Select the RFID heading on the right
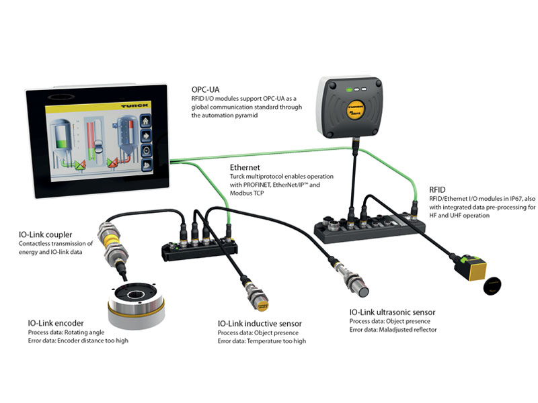[x=441, y=189]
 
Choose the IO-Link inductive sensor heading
[x=260, y=323]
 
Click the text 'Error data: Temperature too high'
[x=262, y=341]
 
